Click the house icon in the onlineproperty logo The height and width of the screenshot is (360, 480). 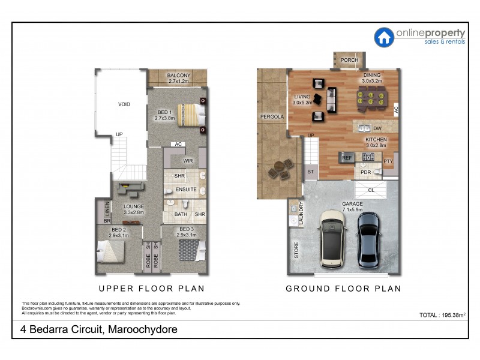384,37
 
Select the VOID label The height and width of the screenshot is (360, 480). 124,104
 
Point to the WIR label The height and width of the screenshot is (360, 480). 187,161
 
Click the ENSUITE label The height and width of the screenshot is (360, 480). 186,190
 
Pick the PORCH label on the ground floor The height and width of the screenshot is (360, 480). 349,61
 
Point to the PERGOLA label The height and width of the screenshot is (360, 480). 271,116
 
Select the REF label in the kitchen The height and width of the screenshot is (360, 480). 346,158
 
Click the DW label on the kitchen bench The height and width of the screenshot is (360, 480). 377,128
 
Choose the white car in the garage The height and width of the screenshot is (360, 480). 334,238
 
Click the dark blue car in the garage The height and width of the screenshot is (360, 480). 370,238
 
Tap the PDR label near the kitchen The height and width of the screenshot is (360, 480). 365,173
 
